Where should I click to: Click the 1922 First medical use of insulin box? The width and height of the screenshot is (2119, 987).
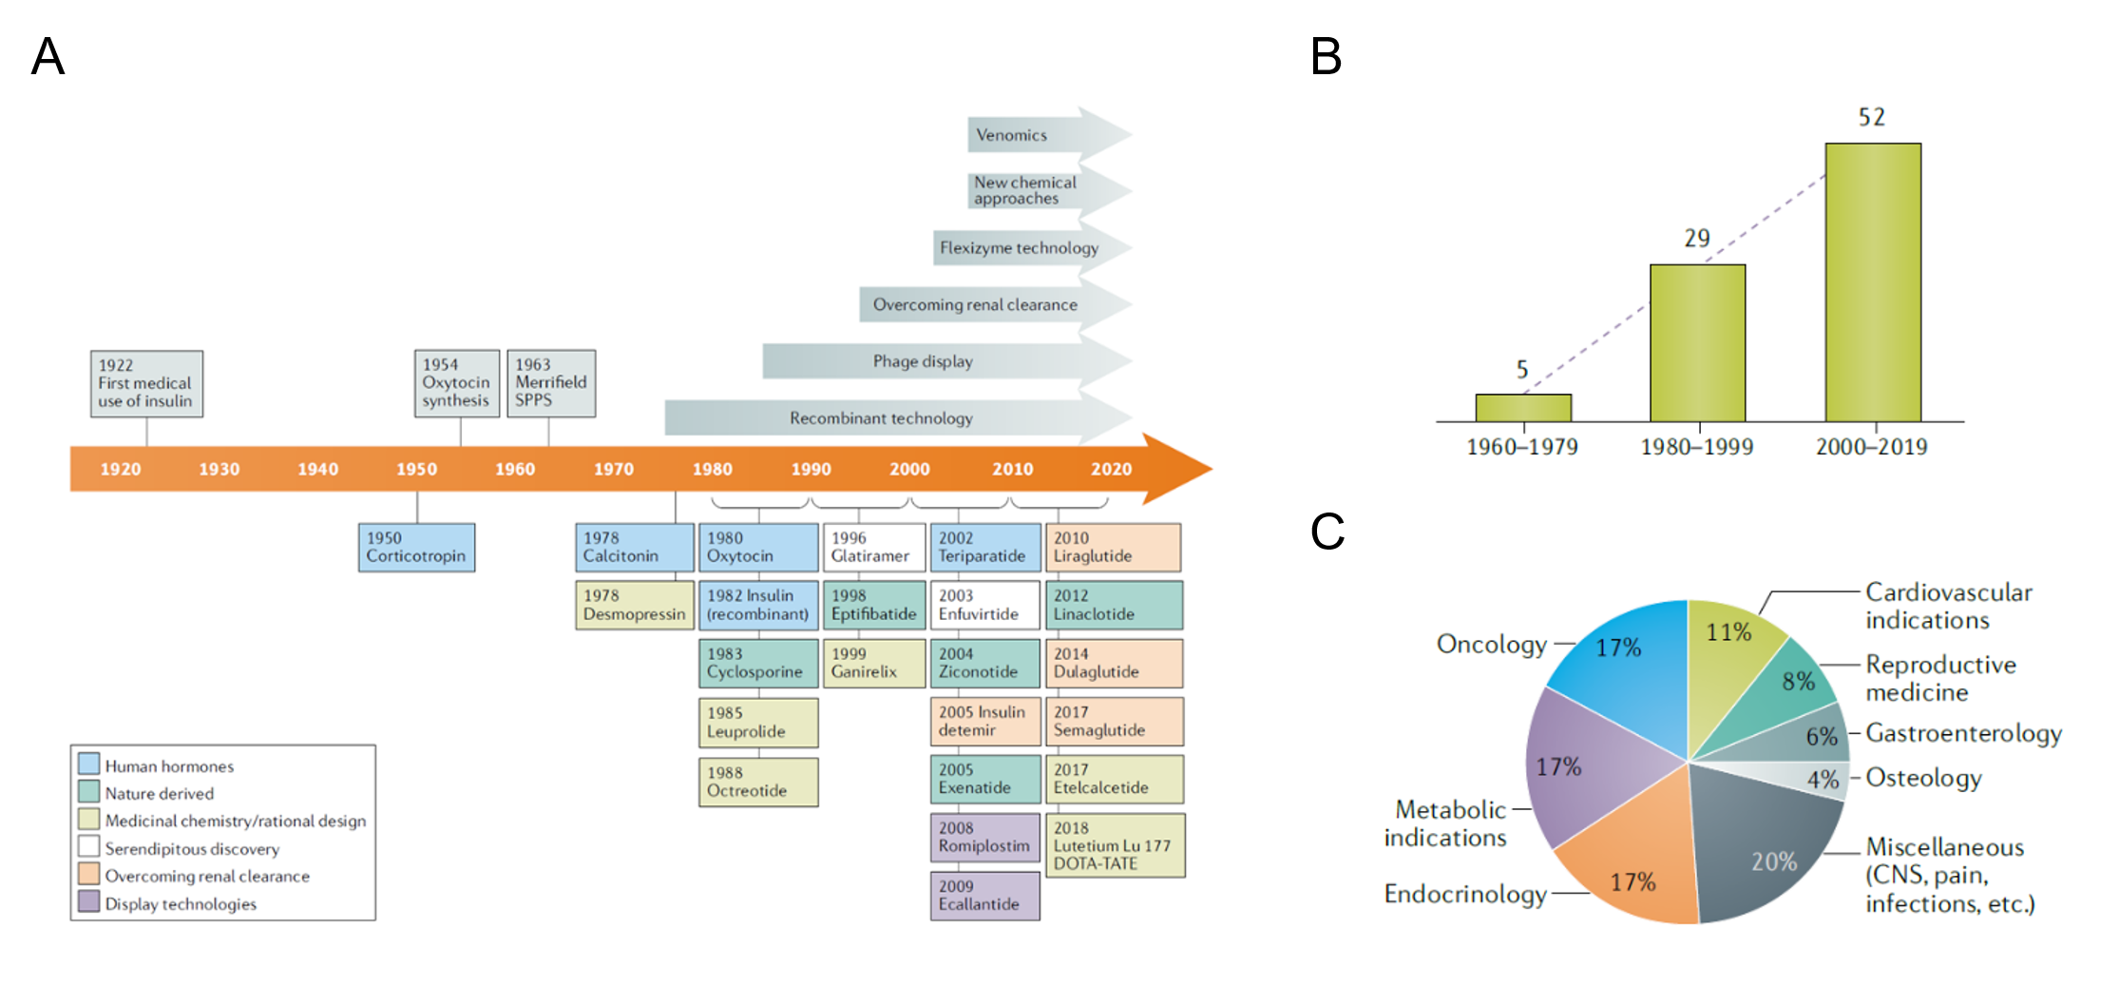146,383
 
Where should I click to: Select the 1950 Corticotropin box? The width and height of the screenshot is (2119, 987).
416,547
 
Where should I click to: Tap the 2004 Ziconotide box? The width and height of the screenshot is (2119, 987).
984,663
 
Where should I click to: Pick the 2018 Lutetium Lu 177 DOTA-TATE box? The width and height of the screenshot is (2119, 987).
1115,845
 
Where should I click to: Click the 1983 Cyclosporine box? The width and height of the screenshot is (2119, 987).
757,663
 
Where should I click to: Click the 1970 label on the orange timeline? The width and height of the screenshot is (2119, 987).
613,469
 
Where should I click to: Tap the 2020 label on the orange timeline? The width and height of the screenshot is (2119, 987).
1111,469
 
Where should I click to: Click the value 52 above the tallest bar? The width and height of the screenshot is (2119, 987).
1871,117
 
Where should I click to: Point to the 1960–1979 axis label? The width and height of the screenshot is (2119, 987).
1521,447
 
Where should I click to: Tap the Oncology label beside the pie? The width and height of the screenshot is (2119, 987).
1491,644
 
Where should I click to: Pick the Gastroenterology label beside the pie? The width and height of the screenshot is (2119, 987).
1963,733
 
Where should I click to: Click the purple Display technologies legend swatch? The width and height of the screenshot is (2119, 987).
89,901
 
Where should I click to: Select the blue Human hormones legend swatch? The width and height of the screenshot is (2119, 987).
89,764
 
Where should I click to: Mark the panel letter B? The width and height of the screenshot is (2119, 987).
1326,56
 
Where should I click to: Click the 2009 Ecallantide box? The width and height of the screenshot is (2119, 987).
984,896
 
